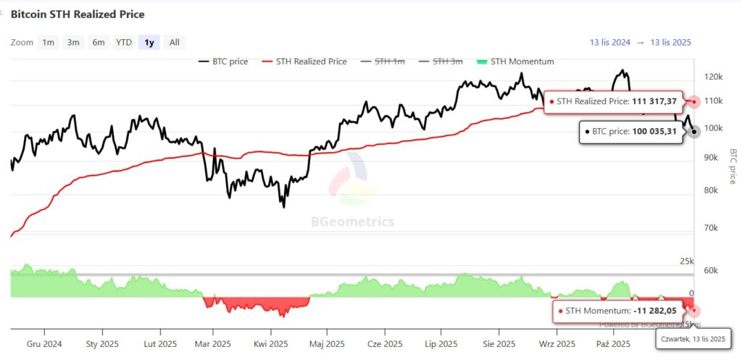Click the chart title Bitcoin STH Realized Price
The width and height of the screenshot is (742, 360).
click(78, 14)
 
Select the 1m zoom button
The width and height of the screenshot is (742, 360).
click(48, 42)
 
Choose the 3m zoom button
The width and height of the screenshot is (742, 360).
click(73, 42)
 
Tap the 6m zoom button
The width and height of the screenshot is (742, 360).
click(99, 42)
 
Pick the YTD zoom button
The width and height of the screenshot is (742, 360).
click(124, 42)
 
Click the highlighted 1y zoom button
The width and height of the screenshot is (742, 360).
click(149, 42)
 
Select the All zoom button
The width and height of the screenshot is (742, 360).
click(174, 42)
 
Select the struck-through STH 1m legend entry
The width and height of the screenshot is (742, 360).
click(389, 62)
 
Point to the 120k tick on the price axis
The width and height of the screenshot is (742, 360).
click(713, 76)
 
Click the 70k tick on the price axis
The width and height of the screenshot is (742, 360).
click(712, 227)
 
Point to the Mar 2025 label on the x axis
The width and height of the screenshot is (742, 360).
click(213, 343)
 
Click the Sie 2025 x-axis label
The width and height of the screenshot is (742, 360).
click(499, 343)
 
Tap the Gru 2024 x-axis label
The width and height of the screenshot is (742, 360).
click(44, 343)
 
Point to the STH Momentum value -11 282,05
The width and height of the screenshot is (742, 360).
click(655, 311)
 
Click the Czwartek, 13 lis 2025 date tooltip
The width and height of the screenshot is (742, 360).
click(693, 338)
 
